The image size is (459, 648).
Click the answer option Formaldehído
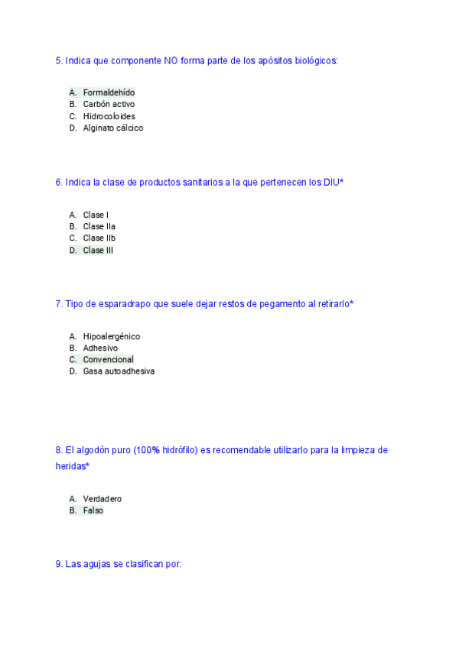(x=109, y=92)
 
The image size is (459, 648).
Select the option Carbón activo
(x=109, y=104)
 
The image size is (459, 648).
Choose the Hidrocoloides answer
(x=109, y=116)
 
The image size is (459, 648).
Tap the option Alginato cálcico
(x=112, y=128)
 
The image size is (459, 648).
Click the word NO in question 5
(x=171, y=60)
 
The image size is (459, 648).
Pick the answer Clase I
(x=96, y=215)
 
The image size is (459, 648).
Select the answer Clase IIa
(x=99, y=226)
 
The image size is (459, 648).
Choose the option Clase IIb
(x=99, y=238)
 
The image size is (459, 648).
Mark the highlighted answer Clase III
(x=98, y=250)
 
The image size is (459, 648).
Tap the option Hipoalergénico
(x=111, y=336)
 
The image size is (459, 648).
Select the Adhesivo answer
(x=100, y=348)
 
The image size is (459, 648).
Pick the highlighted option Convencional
(x=108, y=359)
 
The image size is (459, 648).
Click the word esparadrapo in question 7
(x=122, y=304)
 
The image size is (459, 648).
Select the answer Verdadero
(x=102, y=499)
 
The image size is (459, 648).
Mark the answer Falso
(x=93, y=510)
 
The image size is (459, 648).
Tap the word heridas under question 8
(x=71, y=465)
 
